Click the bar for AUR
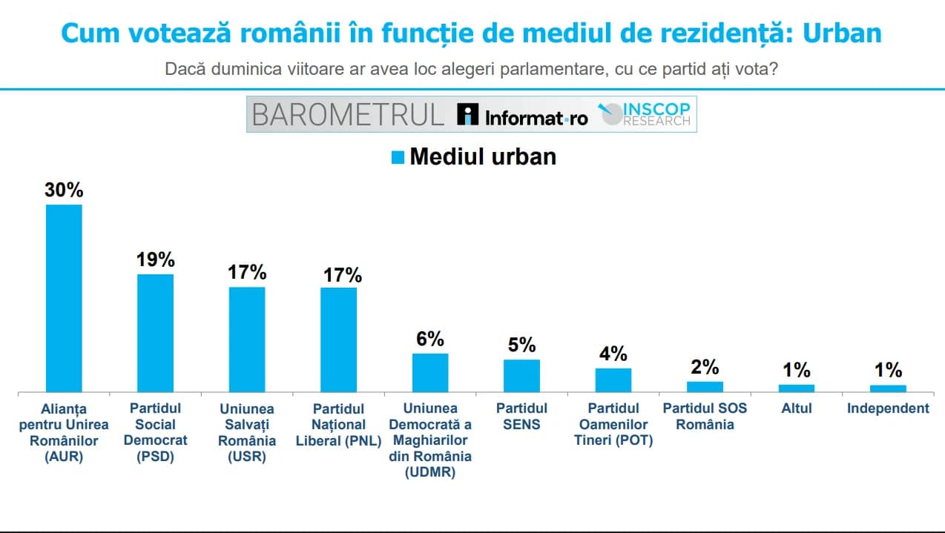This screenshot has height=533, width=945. click(64, 298)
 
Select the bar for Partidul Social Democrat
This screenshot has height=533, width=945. click(156, 333)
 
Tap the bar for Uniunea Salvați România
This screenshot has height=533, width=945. click(247, 339)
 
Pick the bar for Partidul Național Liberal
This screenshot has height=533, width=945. click(338, 340)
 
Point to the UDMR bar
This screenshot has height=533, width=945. click(430, 372)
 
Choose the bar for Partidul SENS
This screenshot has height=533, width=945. click(521, 375)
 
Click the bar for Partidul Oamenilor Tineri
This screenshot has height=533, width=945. click(613, 380)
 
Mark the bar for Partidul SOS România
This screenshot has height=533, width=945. click(705, 386)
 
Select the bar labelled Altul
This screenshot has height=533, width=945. click(797, 388)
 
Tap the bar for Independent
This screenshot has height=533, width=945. click(888, 388)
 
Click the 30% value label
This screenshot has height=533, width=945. click(64, 190)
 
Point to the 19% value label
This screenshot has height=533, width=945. click(156, 259)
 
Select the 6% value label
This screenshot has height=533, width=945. click(430, 339)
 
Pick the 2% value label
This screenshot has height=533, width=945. click(705, 367)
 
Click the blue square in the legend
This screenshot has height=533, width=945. click(398, 157)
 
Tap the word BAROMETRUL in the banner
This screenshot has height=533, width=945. click(347, 114)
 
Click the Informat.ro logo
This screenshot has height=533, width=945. click(523, 115)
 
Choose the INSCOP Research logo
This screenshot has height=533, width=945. click(645, 113)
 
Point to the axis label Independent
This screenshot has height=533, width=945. click(888, 408)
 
